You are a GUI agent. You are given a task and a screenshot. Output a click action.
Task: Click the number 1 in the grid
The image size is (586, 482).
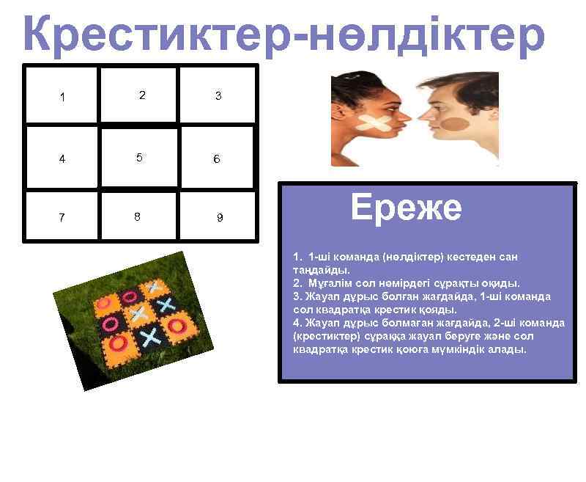[62, 97]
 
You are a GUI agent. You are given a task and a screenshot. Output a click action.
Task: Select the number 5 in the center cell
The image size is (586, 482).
[138, 157]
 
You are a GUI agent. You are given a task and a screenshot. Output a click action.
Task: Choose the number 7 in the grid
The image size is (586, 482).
[62, 218]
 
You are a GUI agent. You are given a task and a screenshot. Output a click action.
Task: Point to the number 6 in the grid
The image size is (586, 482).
[216, 158]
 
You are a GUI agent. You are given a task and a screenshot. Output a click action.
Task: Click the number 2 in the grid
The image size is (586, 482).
[141, 95]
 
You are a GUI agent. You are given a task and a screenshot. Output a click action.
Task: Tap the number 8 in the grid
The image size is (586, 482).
[138, 216]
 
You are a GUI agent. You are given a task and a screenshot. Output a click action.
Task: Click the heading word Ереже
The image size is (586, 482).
[406, 208]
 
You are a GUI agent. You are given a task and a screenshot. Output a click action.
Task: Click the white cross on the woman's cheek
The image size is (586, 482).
[375, 125]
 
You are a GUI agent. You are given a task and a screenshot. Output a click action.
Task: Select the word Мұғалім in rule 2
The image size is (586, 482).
[330, 283]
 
